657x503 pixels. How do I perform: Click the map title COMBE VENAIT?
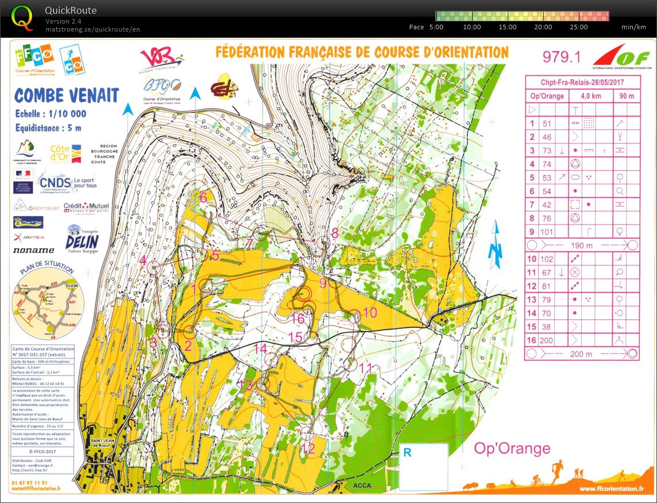click(67, 95)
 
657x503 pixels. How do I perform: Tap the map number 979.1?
click(561, 57)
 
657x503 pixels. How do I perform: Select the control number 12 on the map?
click(308, 448)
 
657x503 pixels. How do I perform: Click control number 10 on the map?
click(370, 313)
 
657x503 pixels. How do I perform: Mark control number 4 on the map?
click(143, 260)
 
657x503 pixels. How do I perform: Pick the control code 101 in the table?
click(547, 232)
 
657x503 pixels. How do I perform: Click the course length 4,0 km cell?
click(594, 96)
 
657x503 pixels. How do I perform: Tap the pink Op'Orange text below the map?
click(512, 448)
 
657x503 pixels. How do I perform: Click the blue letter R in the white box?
click(407, 452)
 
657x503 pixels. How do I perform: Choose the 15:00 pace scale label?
click(508, 27)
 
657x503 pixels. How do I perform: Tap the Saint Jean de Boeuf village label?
click(104, 443)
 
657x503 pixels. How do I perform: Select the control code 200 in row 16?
click(547, 341)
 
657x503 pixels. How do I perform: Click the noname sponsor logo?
click(34, 250)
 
